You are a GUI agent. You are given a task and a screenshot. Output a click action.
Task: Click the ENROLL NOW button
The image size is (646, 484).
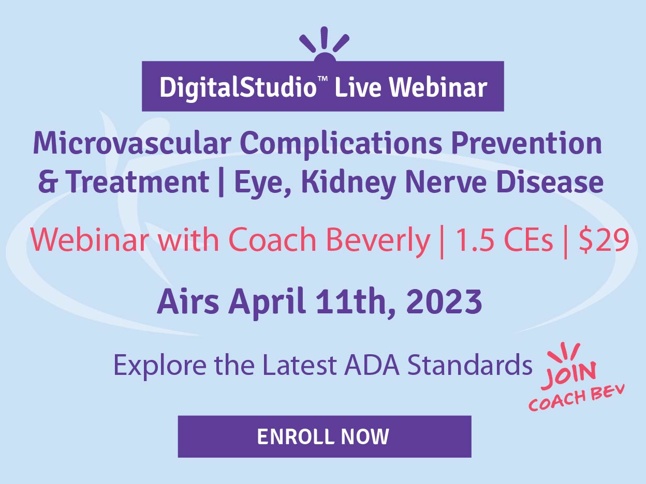[x=325, y=436]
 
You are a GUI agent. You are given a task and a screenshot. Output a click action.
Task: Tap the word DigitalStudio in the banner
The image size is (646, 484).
[x=238, y=87]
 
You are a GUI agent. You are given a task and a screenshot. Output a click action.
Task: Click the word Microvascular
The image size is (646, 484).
[x=132, y=144]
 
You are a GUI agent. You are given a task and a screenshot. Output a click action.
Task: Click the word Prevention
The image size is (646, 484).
[x=526, y=143]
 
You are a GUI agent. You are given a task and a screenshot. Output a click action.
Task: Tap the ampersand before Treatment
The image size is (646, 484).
[x=49, y=182]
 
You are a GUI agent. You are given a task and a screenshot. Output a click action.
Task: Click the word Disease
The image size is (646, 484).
[x=550, y=182]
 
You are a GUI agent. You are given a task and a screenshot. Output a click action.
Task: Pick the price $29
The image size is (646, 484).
[x=604, y=240]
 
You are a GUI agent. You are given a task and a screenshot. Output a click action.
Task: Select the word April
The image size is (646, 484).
[x=267, y=303]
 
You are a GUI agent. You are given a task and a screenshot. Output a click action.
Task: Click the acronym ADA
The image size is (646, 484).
[x=372, y=365]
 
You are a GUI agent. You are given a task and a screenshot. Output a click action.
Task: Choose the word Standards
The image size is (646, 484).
[x=470, y=365]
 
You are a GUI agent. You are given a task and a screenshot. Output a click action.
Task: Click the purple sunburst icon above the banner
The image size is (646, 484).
[x=325, y=44]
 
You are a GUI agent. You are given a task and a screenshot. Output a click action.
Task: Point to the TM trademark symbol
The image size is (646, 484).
[x=323, y=79]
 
